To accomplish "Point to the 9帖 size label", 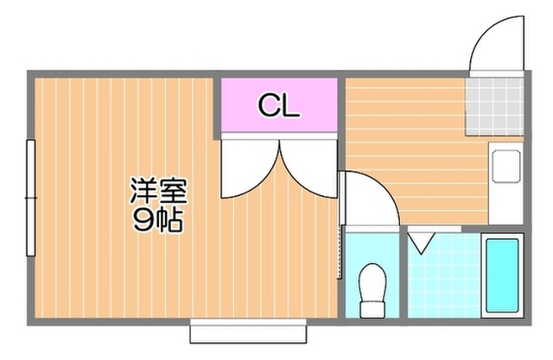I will (157, 221).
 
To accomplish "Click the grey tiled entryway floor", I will (495, 104).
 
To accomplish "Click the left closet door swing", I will (245, 169).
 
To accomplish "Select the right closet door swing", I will (309, 169).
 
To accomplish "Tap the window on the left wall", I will (30, 199).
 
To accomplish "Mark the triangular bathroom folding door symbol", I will (421, 241).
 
